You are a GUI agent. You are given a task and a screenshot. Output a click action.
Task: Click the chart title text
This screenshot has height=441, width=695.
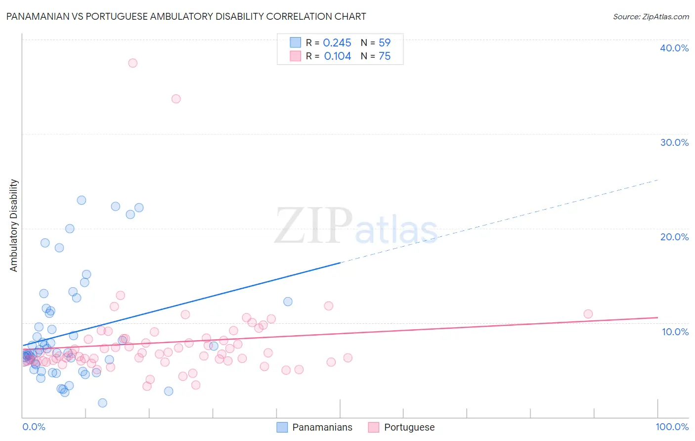(x=186, y=16)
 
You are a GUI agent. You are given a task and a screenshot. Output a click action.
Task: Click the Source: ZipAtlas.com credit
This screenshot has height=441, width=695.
(x=651, y=16)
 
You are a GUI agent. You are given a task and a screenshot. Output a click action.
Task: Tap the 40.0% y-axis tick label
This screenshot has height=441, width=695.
(x=674, y=48)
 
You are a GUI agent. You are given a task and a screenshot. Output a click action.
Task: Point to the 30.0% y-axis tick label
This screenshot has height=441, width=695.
(x=674, y=142)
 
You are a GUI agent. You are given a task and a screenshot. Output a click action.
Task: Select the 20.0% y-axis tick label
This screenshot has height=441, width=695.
(x=674, y=237)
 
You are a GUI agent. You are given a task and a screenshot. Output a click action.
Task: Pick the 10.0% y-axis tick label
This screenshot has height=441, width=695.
(x=675, y=332)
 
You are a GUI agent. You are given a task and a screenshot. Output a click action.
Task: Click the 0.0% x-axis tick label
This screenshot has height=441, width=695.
(x=34, y=427)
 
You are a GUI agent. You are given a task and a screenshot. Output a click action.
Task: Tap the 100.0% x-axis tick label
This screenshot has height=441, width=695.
(x=672, y=427)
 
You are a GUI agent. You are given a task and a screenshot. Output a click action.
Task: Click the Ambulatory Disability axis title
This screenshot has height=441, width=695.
(x=14, y=225)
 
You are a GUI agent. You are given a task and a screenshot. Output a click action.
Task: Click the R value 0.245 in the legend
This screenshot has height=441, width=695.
(x=337, y=43)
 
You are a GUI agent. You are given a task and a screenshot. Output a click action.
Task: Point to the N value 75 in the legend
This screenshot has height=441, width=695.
(x=385, y=56)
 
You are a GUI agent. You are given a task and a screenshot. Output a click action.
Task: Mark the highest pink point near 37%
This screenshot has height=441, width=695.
(x=132, y=63)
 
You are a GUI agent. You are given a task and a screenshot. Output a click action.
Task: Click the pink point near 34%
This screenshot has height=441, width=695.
(x=176, y=99)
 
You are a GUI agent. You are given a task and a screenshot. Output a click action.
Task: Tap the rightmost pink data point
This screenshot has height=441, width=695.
(x=588, y=314)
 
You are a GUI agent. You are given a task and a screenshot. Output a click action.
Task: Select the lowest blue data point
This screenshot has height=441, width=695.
(x=102, y=403)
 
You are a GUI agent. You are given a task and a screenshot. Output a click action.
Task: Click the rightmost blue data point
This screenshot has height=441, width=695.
(x=288, y=302)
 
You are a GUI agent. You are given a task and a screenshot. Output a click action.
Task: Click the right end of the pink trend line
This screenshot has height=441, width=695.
(x=657, y=317)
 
